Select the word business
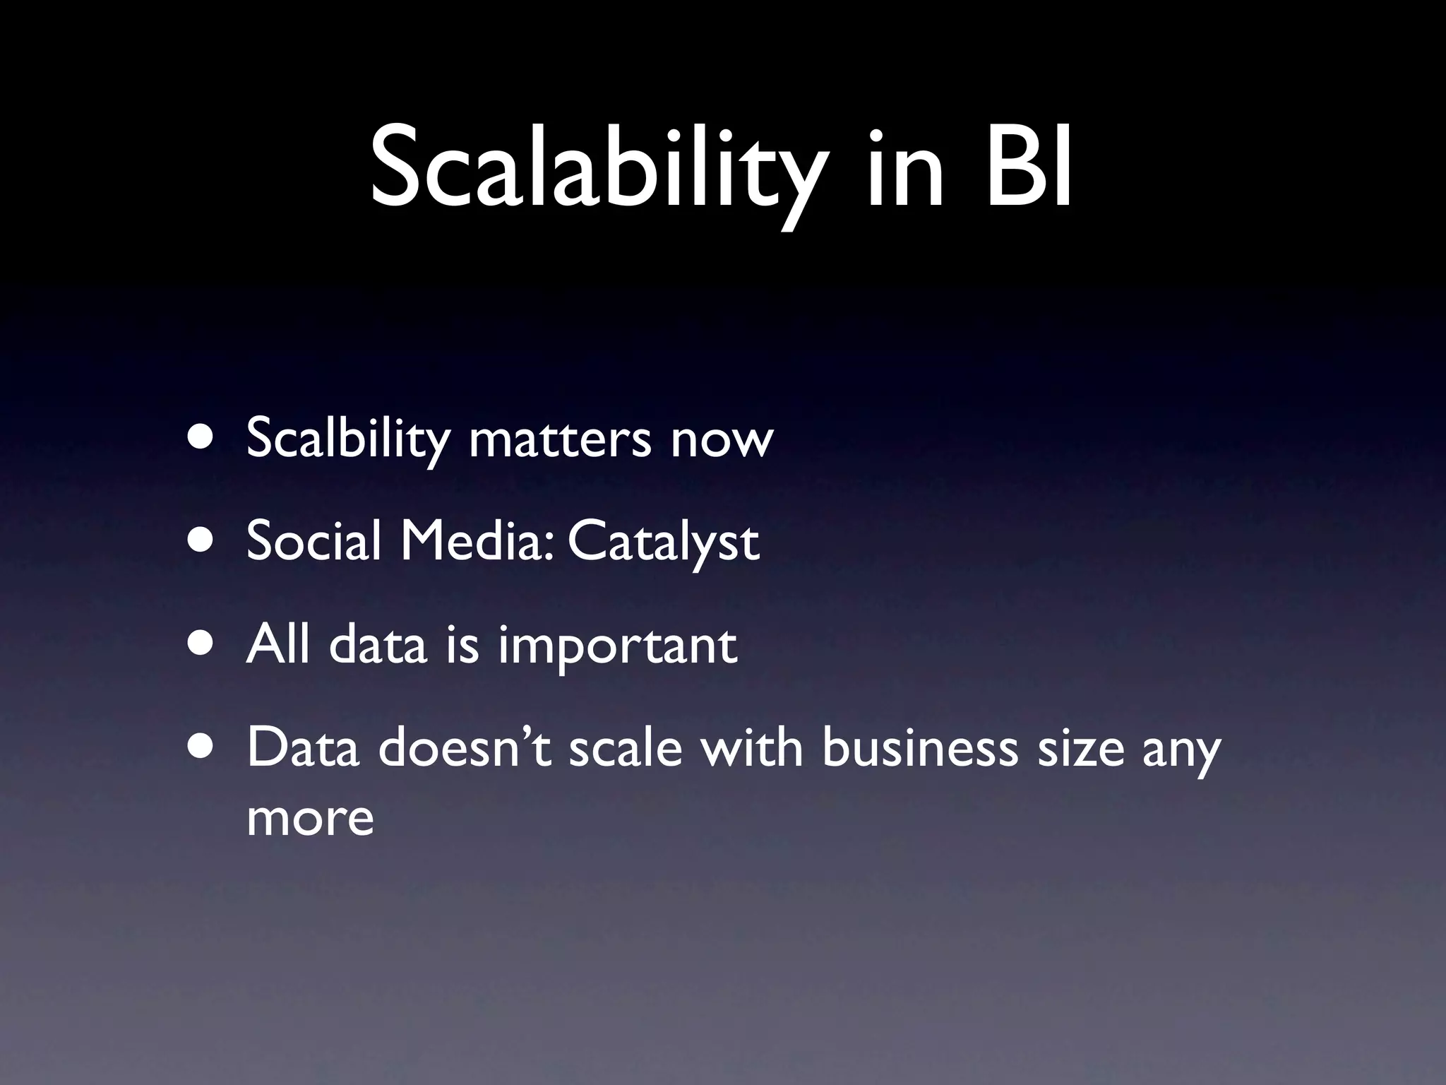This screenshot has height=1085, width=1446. (919, 747)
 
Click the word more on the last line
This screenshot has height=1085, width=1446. (310, 818)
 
